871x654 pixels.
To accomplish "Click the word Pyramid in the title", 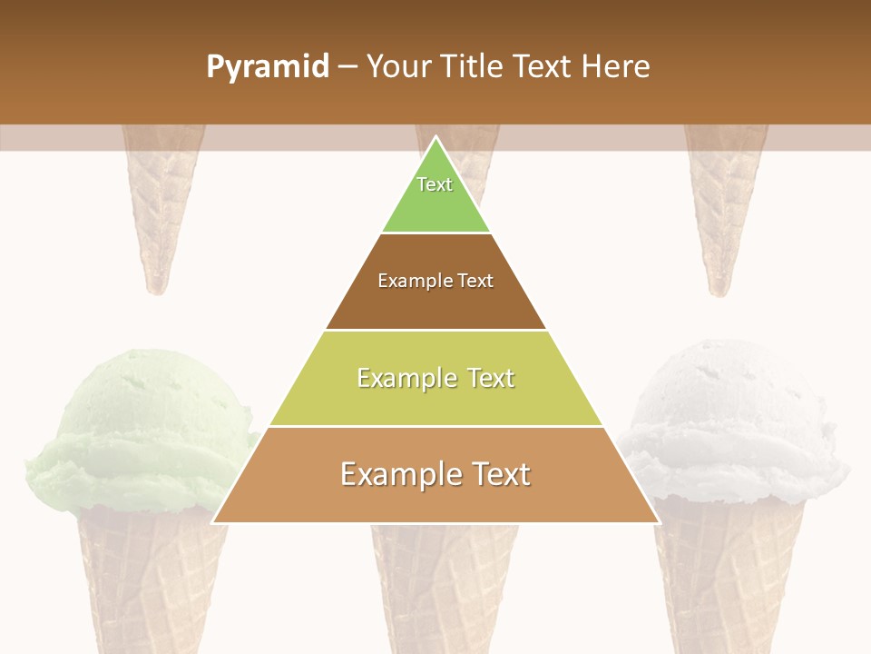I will [268, 67].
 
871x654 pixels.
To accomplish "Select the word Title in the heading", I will [471, 67].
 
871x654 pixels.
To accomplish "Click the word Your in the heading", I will [398, 67].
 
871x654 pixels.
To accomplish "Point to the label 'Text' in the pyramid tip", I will [435, 184].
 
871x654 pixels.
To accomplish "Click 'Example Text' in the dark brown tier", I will [435, 281].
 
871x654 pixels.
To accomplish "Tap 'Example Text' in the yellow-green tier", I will [435, 378].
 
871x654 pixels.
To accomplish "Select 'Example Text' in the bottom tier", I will [435, 474].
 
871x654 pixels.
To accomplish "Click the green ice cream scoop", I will [136, 427].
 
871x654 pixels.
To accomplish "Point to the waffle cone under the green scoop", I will [150, 581].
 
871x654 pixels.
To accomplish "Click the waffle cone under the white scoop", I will [726, 581].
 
